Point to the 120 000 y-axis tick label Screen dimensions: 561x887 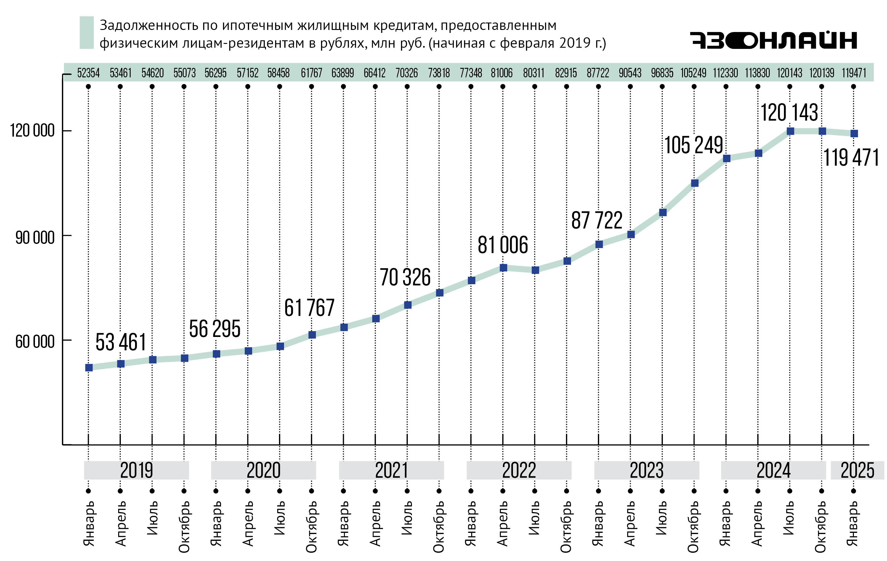(x=32, y=130)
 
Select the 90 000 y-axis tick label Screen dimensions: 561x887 (x=35, y=237)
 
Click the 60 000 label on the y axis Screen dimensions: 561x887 (x=35, y=341)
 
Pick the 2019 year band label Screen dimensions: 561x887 (x=136, y=470)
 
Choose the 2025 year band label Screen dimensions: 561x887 (x=857, y=470)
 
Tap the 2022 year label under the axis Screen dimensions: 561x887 (x=519, y=470)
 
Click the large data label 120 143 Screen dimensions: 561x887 (x=789, y=112)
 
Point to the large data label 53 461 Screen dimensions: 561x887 (x=121, y=342)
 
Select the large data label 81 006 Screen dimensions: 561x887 (x=503, y=245)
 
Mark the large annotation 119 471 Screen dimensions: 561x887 (x=851, y=158)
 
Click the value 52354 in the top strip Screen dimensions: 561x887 (x=89, y=73)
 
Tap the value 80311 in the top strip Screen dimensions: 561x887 (x=534, y=73)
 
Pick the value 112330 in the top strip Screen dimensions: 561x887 (x=725, y=73)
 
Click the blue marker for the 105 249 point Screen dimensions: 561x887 (x=695, y=183)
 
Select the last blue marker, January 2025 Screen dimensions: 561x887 (x=854, y=133)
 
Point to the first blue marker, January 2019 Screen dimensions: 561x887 (x=89, y=367)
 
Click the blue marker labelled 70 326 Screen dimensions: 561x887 (x=408, y=305)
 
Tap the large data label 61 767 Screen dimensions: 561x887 (x=309, y=308)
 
